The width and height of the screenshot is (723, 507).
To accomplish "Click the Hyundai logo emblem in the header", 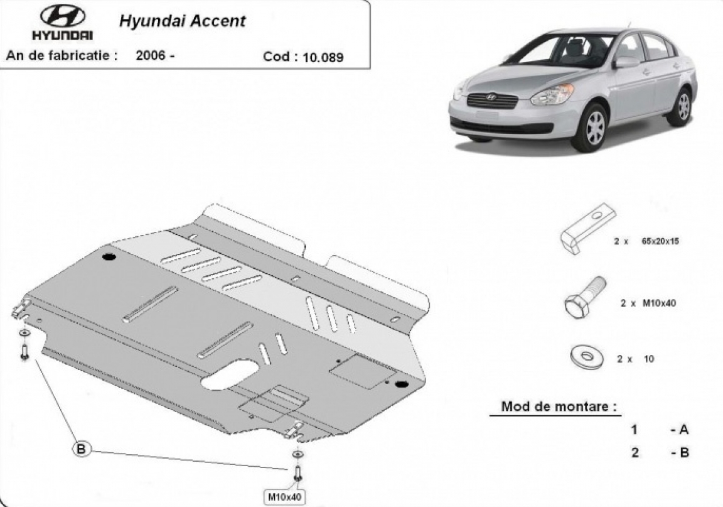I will pyautogui.click(x=62, y=17).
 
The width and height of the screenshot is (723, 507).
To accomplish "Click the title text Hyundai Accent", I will pyautogui.click(x=182, y=21).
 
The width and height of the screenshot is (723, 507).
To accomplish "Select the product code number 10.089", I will pyautogui.click(x=323, y=57).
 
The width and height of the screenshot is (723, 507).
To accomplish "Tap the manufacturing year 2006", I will pyautogui.click(x=151, y=55).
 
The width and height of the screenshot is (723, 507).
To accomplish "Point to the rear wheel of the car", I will pyautogui.click(x=682, y=107).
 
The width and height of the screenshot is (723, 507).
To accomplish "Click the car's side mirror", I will pyautogui.click(x=626, y=62).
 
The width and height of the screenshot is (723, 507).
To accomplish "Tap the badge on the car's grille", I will pyautogui.click(x=491, y=97).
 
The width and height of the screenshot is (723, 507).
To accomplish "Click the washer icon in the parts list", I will pyautogui.click(x=587, y=357).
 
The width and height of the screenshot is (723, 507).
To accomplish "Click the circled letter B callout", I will pyautogui.click(x=82, y=449).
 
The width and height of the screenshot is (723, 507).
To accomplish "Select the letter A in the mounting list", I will pyautogui.click(x=683, y=430).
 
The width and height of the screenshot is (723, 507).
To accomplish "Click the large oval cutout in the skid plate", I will pyautogui.click(x=230, y=376).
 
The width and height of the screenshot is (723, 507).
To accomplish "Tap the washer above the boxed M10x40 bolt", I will pyautogui.click(x=296, y=454).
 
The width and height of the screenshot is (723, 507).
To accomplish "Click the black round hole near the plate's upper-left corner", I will pyautogui.click(x=108, y=256).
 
